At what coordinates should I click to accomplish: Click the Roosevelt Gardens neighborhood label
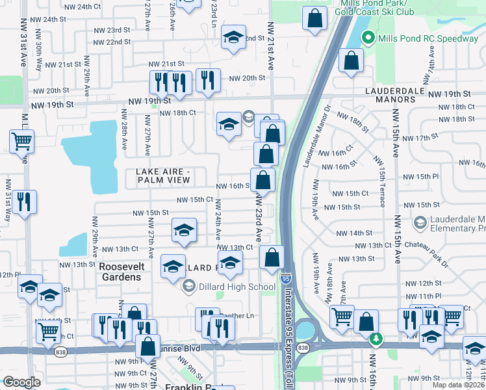tap(120, 271)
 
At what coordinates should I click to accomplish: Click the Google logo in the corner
tap(21, 382)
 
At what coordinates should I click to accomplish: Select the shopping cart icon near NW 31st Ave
tap(22, 140)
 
